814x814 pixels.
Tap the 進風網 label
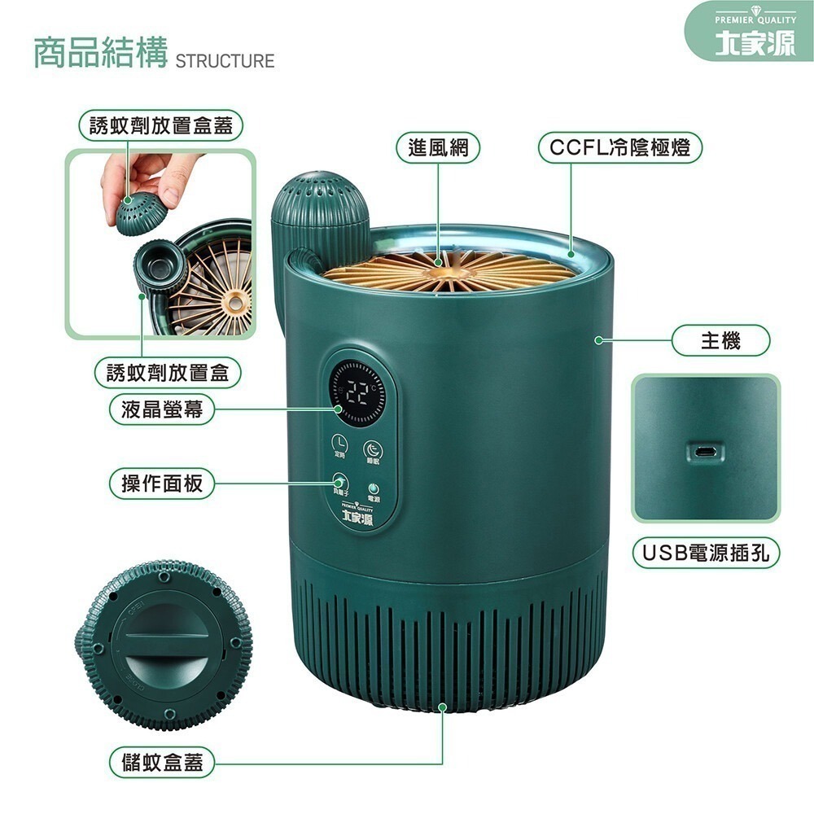click(x=438, y=148)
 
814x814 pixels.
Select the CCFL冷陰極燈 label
click(x=620, y=148)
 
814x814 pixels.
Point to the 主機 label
click(x=720, y=339)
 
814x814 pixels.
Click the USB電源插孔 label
click(x=706, y=554)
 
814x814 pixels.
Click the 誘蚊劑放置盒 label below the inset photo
click(x=168, y=373)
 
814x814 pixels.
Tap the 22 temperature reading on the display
click(x=358, y=392)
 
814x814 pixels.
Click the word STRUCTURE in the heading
click(x=225, y=61)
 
